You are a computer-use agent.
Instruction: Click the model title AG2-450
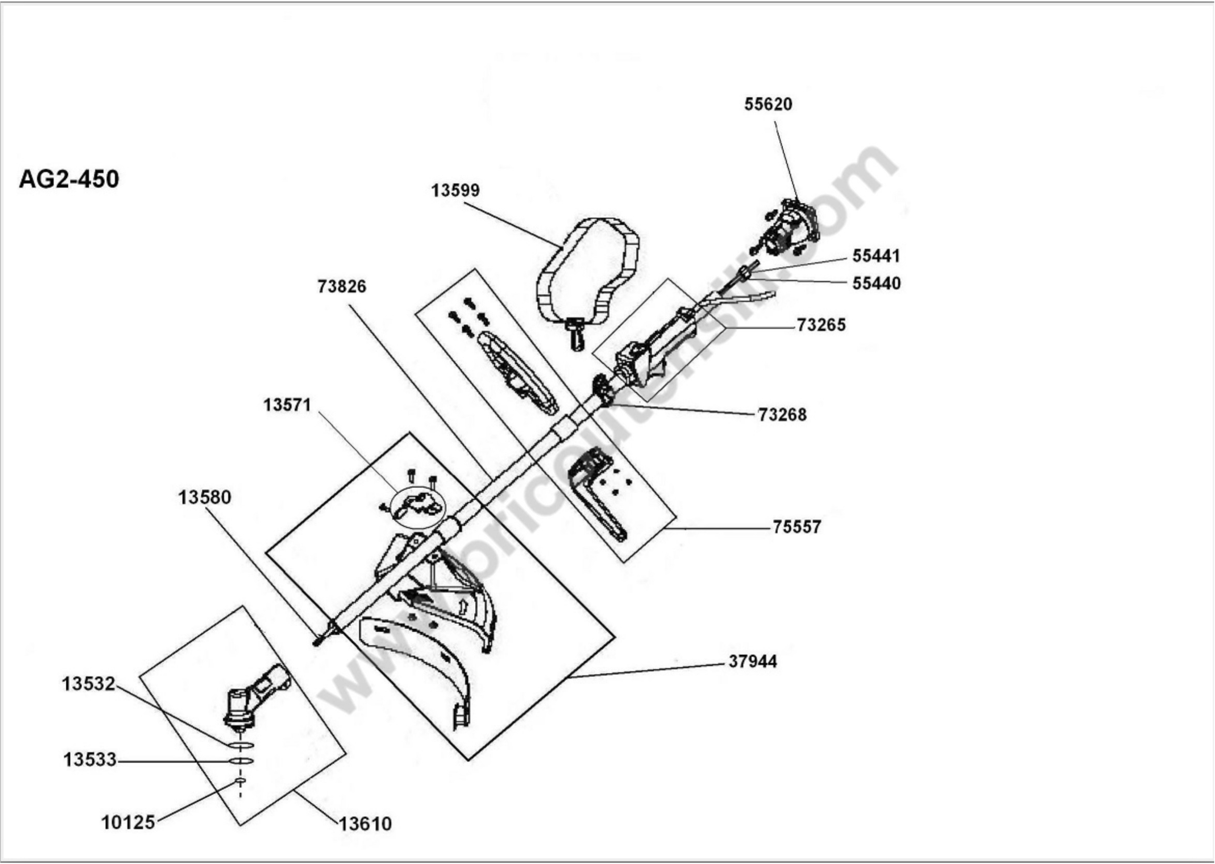(x=69, y=179)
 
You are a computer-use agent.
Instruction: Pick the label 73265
(x=821, y=325)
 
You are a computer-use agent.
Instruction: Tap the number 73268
(x=782, y=415)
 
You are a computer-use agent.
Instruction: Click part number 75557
(x=797, y=527)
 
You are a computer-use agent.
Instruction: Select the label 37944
(x=752, y=661)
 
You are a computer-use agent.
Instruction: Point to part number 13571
(x=287, y=405)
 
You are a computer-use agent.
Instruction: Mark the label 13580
(x=204, y=497)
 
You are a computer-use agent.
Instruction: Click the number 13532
(x=88, y=684)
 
